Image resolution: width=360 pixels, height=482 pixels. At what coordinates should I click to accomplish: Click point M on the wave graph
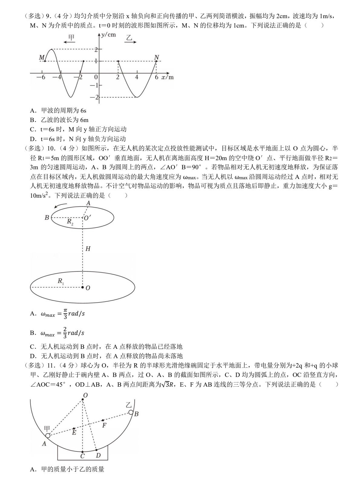pos(45,61)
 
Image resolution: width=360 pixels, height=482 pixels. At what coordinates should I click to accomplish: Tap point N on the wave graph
pos(156,61)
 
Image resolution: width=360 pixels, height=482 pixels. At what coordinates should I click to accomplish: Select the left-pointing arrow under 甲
pos(69,42)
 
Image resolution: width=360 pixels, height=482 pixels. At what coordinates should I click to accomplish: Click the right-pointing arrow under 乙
pos(130,42)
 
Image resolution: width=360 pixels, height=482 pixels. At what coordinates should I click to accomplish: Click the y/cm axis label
pos(108,35)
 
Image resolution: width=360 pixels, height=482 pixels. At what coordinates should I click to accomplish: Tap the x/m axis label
pos(167,77)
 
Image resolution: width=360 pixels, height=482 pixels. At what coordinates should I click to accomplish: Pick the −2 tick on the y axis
pos(96,97)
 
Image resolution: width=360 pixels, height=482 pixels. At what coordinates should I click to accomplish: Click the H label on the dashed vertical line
pos(88,249)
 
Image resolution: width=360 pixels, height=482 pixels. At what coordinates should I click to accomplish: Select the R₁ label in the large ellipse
pos(61,282)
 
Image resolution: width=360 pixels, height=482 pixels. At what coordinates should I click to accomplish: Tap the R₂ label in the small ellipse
pos(70,222)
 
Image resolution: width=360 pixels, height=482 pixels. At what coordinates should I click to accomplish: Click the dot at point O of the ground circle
pos(82,287)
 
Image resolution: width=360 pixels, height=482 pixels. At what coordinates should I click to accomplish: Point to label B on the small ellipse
pos(47,217)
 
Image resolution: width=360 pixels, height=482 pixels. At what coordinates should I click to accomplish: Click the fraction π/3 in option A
pos(65,314)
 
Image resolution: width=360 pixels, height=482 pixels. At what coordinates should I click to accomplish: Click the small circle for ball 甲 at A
pos(48,436)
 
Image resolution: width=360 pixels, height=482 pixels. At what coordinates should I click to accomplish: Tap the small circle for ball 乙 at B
pos(131,412)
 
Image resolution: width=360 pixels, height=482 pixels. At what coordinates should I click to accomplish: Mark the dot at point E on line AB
pos(74,428)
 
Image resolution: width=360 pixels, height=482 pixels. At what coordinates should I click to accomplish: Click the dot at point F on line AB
pos(103,420)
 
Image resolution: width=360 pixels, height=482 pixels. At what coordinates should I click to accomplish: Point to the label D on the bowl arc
pos(98,455)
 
